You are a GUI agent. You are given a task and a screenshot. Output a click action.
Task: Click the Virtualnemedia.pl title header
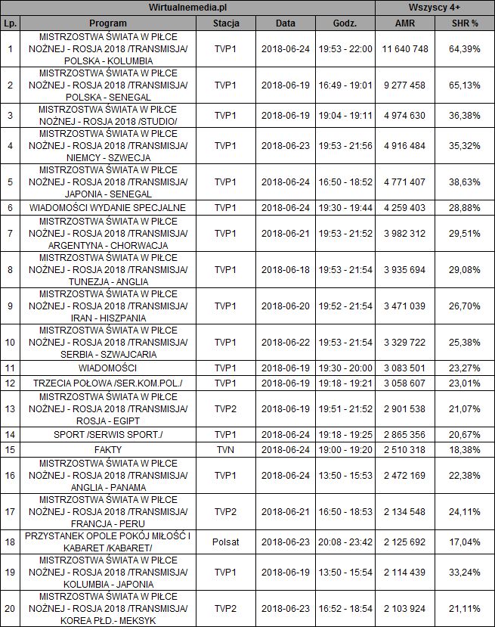pos(188,7)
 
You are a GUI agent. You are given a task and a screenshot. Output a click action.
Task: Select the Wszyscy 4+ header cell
pos(435,7)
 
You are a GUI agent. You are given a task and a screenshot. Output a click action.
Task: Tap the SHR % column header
pos(464,23)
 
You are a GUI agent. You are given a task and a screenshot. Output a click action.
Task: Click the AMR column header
pos(405,23)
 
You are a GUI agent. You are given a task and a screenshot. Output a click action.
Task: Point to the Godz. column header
pos(345,23)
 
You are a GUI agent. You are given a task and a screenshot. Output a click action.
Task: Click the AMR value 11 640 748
pos(405,48)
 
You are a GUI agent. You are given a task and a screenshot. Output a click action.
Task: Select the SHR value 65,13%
pos(464,85)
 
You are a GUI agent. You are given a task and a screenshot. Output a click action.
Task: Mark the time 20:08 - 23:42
pos(345,542)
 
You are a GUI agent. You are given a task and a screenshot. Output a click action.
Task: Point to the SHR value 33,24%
pos(464,573)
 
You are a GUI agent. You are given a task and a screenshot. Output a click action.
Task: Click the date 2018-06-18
pos(286,269)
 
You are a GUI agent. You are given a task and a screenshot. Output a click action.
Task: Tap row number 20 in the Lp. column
pos(10,609)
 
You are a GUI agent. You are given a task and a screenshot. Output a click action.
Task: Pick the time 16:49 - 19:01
pos(345,85)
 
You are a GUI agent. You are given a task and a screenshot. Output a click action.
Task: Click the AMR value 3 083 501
pos(405,368)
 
